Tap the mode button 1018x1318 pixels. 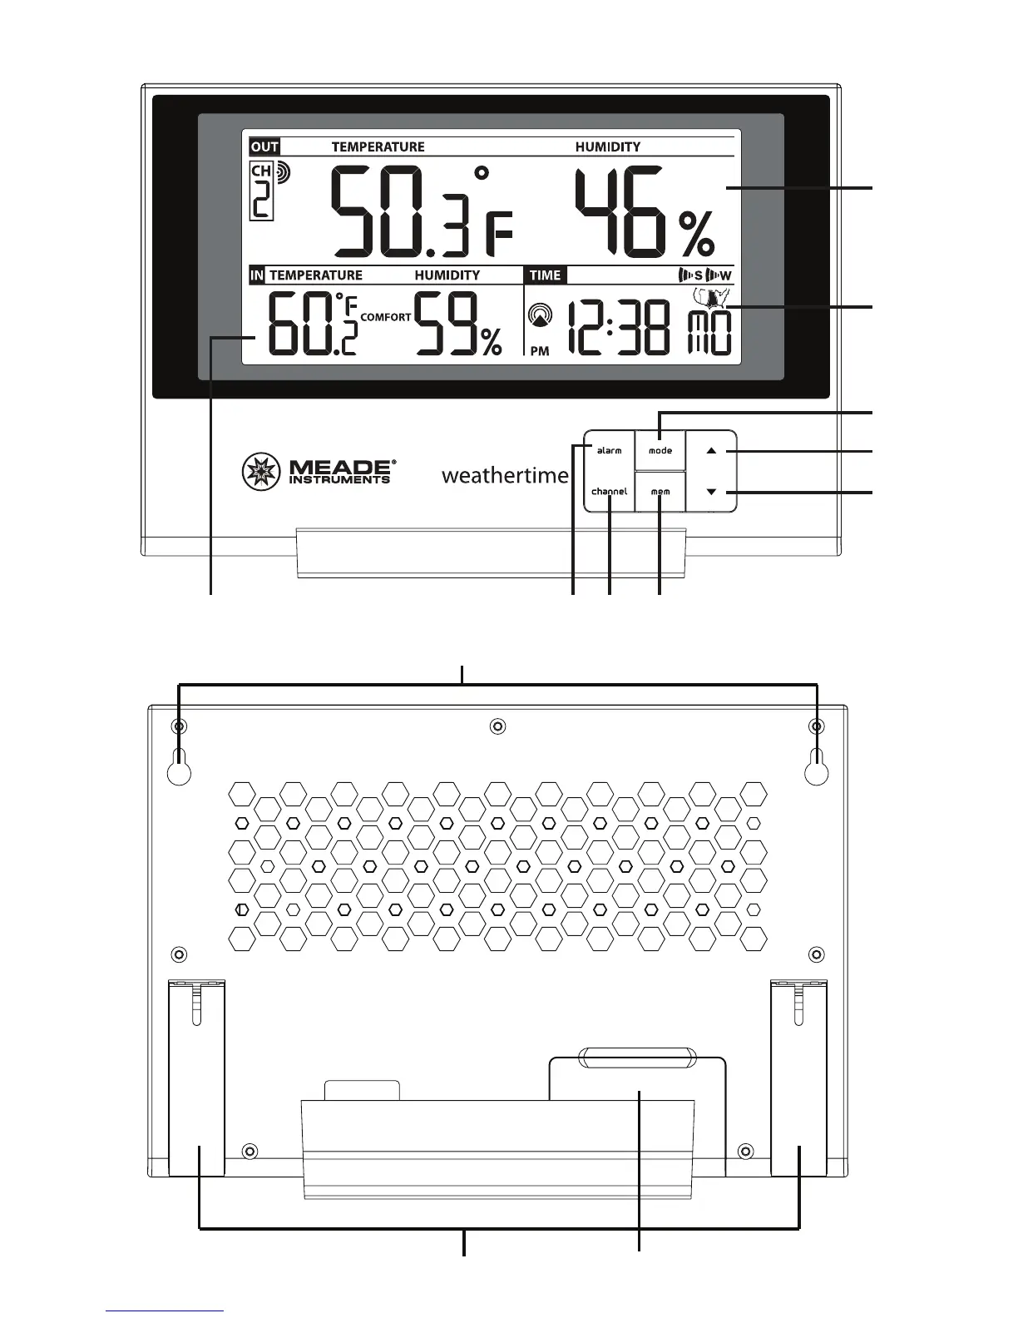point(660,451)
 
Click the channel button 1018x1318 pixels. point(609,492)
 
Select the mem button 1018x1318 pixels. point(660,492)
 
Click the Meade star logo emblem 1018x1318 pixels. point(261,472)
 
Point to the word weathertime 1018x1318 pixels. point(505,476)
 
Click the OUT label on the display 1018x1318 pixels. point(264,147)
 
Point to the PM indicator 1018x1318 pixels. point(540,351)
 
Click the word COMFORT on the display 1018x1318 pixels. point(386,317)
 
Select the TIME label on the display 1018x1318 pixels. point(546,275)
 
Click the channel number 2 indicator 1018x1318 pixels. point(262,201)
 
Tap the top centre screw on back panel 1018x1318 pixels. point(497,726)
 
